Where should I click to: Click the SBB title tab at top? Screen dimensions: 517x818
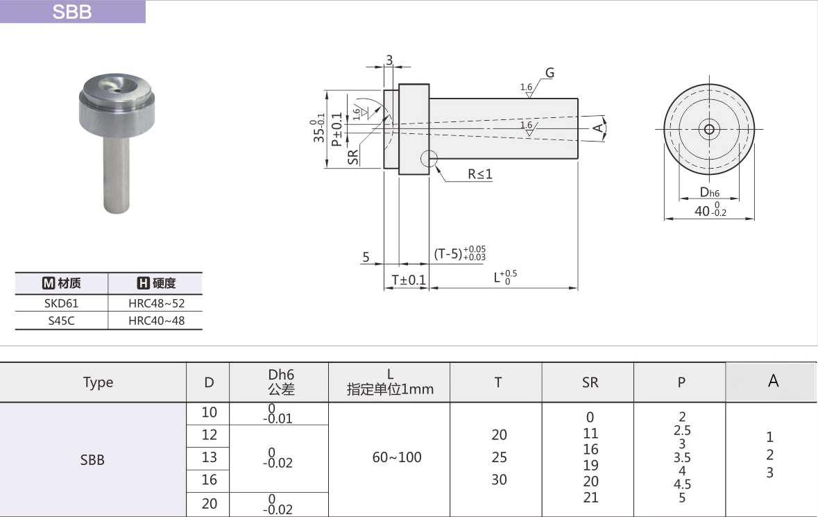(72, 12)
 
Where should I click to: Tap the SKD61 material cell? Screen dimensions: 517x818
(62, 303)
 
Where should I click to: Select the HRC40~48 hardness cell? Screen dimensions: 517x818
(156, 321)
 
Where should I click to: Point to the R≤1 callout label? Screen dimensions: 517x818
(479, 174)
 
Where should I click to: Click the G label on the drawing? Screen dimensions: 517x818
(549, 73)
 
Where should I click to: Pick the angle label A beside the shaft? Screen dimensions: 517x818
(596, 127)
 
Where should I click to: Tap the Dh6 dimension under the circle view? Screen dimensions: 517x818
(709, 192)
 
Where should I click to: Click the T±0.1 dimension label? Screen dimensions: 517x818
(407, 280)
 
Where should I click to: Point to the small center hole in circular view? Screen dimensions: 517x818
(708, 129)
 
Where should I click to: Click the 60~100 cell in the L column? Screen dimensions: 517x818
(396, 457)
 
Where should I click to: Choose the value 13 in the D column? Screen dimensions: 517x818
(209, 457)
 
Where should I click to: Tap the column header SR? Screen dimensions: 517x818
(590, 382)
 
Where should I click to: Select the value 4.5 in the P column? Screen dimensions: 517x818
(682, 484)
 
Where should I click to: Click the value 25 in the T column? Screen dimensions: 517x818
(499, 457)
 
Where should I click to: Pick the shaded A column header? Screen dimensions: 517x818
(773, 381)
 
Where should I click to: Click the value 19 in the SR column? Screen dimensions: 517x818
(590, 465)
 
